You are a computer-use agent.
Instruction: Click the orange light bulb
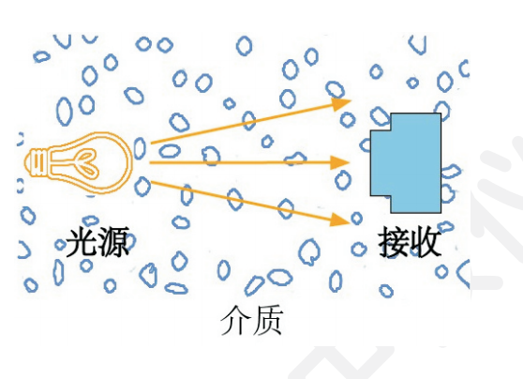point(79,162)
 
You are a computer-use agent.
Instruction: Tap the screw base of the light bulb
point(37,162)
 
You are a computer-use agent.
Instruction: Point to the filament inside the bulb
point(87,163)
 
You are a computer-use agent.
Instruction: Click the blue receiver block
point(406,163)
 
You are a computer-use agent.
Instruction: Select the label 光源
point(97,241)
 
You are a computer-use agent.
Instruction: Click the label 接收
point(410,242)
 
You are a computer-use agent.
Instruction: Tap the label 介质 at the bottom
point(252,320)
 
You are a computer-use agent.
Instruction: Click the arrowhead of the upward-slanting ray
point(341,103)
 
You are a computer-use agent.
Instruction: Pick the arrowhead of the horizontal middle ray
point(339,162)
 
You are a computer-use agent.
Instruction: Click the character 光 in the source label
point(82,241)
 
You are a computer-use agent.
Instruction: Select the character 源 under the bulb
point(113,241)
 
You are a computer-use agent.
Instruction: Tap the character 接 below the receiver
point(394,242)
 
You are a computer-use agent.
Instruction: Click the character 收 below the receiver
point(426,242)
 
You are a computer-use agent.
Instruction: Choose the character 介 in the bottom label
point(236,320)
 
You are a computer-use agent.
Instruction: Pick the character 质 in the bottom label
point(268,320)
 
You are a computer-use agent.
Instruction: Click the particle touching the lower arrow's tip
point(356,219)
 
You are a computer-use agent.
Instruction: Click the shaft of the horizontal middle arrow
point(240,162)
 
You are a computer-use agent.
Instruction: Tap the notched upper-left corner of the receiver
point(391,130)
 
